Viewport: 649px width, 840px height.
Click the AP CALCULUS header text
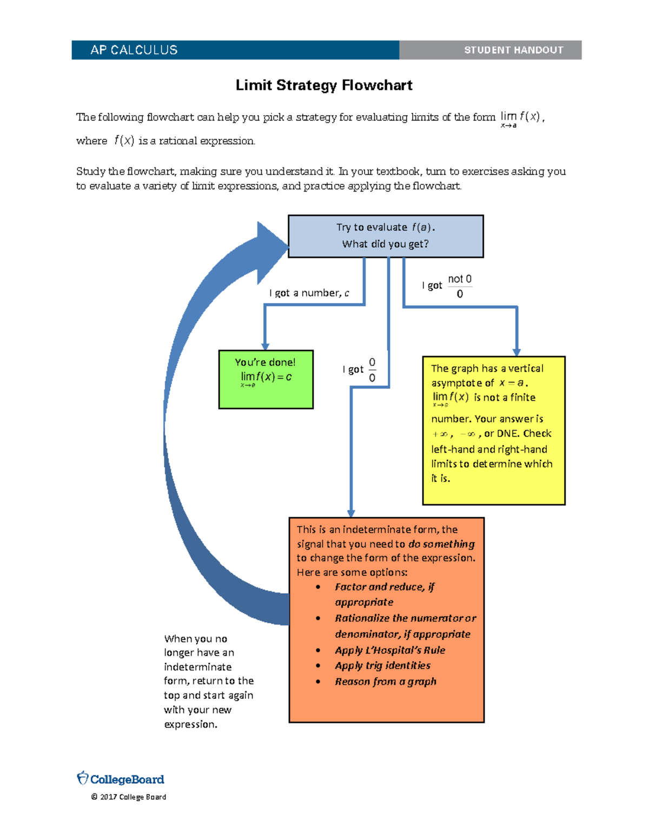pos(134,50)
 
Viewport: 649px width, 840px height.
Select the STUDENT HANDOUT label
pos(513,50)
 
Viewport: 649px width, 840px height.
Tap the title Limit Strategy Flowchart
pos(324,85)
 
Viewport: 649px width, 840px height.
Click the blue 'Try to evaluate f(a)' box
pos(385,236)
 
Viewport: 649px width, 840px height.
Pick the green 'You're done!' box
pos(266,379)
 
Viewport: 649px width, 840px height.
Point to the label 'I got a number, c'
pos(309,293)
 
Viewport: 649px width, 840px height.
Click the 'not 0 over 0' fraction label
pos(459,286)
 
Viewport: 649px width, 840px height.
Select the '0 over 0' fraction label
pos(372,370)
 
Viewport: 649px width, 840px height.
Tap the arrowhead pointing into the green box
pos(265,346)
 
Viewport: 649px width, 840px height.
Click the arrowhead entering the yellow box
pos(516,352)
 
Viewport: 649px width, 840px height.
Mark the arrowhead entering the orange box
pos(351,513)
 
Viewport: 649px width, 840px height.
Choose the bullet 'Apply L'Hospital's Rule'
pos(389,650)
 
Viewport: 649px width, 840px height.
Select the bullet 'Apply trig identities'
pos(382,665)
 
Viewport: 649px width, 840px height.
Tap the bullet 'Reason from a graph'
pos(385,682)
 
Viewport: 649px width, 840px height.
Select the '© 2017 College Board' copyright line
pos(129,797)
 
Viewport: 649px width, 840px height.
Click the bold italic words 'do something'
pos(441,544)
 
